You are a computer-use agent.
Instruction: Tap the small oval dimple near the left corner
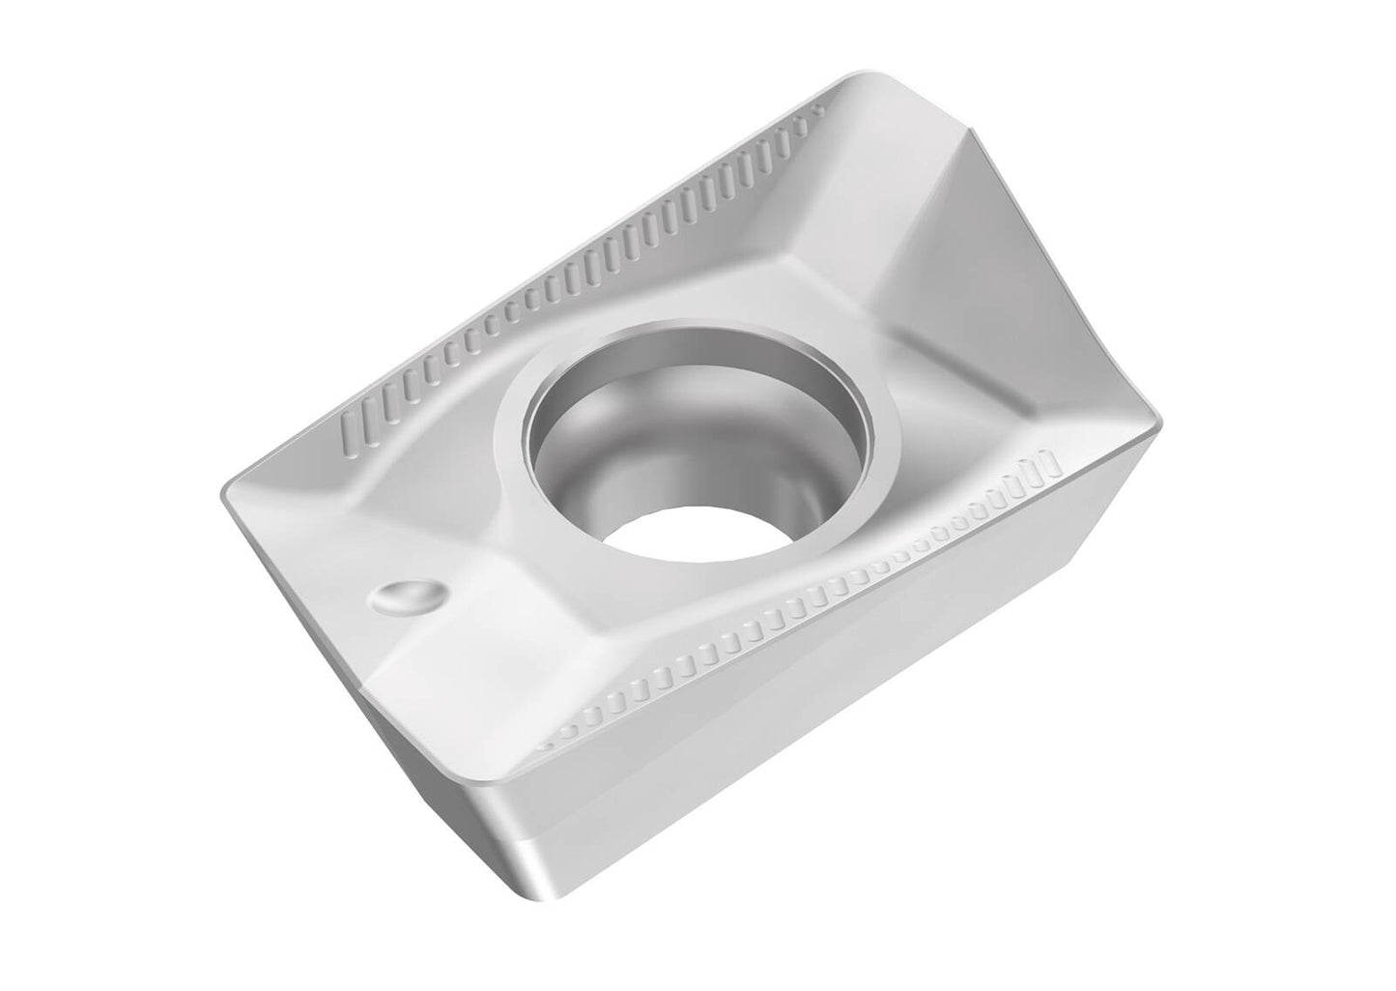pyautogui.click(x=409, y=597)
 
